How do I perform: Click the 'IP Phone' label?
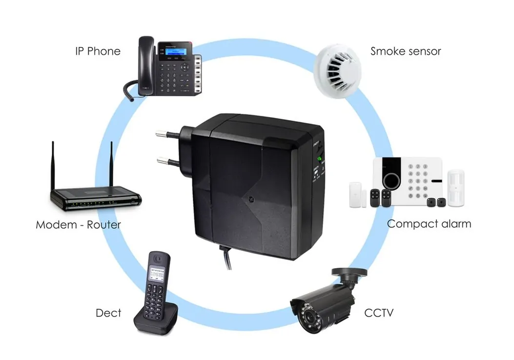[98, 51]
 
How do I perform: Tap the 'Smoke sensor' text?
[406, 51]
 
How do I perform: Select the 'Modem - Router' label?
[79, 225]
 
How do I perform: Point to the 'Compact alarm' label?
[429, 224]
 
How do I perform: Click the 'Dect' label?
[108, 313]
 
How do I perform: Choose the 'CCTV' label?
[379, 313]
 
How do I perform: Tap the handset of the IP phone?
[145, 65]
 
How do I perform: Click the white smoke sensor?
[337, 71]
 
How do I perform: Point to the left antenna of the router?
[53, 165]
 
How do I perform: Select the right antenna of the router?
[111, 164]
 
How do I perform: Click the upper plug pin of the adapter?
[167, 134]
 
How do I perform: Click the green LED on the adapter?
[319, 159]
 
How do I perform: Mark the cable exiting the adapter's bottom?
[226, 257]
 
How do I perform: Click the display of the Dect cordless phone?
[156, 273]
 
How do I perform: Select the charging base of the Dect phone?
[156, 319]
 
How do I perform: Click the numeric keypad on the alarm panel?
[418, 181]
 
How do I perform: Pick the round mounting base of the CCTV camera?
[350, 272]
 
